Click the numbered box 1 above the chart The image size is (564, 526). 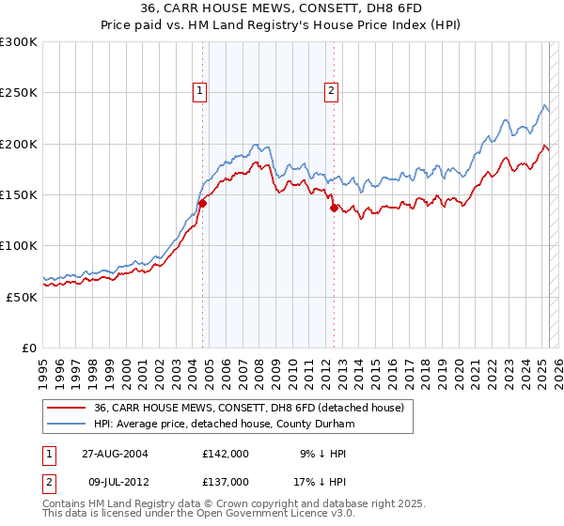tap(201, 91)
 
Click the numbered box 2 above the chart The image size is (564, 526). tap(332, 91)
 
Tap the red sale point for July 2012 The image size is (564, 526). tap(334, 209)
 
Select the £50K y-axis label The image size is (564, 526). tap(22, 297)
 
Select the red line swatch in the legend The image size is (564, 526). tap(67, 407)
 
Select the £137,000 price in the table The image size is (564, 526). tap(226, 481)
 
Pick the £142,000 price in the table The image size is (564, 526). tap(226, 454)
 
